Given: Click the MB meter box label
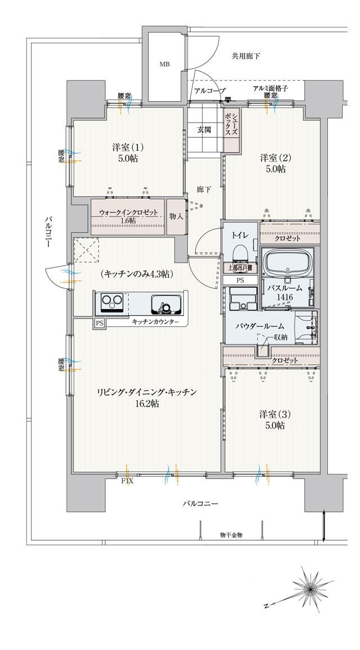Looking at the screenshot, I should point(164,64).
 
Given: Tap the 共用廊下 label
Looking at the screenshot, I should point(246,56).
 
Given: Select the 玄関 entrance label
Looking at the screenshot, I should point(204,130).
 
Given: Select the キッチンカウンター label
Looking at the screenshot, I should point(156,322).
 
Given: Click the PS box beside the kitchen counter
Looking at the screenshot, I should point(100,323).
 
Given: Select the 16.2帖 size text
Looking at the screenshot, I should point(146,404).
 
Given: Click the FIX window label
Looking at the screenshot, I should point(127,482).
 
